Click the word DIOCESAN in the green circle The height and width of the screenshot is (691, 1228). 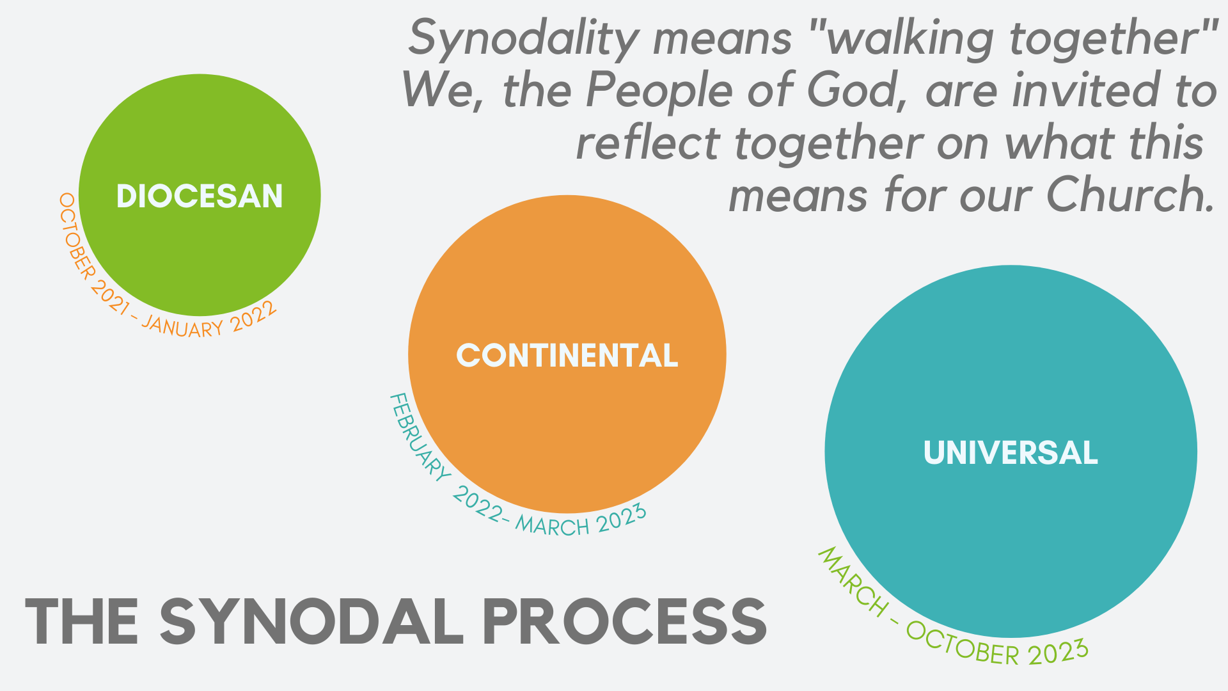200,196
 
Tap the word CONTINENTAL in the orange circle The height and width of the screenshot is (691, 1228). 567,356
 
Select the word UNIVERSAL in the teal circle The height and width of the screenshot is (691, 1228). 1011,453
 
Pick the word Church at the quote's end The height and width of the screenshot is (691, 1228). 1131,195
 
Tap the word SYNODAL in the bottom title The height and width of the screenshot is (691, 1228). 311,622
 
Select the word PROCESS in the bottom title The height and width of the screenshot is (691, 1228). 625,622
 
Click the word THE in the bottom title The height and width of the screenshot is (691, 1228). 81,622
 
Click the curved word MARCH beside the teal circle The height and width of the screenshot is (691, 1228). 852,582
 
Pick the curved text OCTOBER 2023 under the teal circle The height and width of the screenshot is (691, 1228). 998,645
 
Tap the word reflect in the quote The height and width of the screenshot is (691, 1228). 648,142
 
